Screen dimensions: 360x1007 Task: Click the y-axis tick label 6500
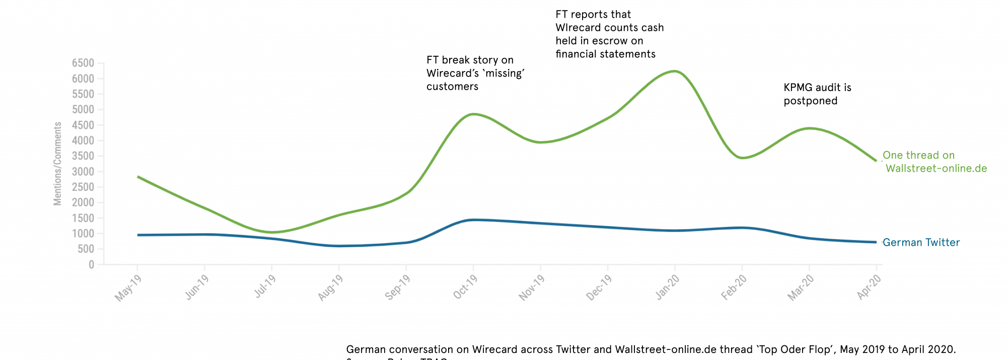coord(83,63)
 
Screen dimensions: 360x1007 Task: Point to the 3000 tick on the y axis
coord(83,172)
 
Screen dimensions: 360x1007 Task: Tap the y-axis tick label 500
coord(87,249)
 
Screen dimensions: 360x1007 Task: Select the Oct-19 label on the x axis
coord(466,287)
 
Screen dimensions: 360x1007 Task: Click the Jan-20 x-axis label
coord(668,287)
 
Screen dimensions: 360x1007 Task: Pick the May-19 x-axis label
coord(128,288)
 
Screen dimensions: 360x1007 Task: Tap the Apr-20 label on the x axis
coord(870,287)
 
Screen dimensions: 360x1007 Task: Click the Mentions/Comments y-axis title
coord(57,164)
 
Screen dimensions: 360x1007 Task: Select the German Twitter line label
coord(921,243)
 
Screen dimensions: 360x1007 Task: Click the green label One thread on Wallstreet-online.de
coord(934,162)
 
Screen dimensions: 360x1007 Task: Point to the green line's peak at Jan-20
coord(675,71)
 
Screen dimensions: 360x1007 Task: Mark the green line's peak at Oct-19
coord(473,114)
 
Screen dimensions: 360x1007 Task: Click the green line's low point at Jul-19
coord(272,232)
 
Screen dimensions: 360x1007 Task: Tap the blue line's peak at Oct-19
coord(473,220)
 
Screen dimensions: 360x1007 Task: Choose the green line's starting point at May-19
coord(138,177)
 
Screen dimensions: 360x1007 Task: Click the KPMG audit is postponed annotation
coord(817,94)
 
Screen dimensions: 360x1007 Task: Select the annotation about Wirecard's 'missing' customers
coord(475,74)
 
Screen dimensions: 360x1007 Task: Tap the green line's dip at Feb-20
coord(742,158)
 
